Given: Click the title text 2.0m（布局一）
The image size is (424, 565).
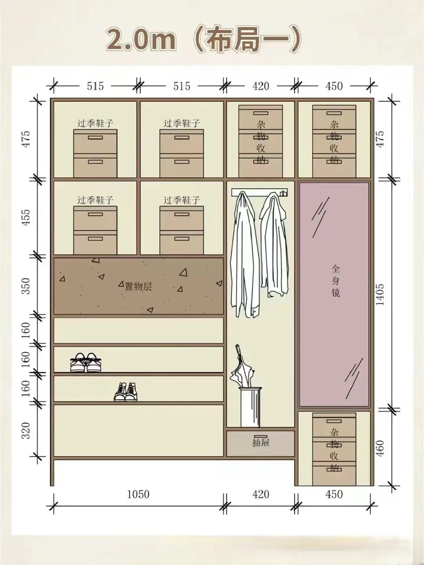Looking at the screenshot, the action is point(204,40).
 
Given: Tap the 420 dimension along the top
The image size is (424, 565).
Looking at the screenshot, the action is point(261,86).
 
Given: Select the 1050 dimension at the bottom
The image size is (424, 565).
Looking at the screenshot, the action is point(138,494).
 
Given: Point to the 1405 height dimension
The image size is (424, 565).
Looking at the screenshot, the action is point(380,295).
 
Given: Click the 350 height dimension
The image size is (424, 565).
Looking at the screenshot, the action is point(26,286).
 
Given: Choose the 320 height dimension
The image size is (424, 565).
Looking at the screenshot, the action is point(26,430).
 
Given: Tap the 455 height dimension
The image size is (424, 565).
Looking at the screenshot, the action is point(26,218).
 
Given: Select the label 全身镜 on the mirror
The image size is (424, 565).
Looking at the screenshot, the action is point(336,281).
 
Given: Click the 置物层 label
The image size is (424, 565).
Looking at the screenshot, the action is point(138,286).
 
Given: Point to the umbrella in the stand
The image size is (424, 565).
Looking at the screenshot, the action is point(242,366).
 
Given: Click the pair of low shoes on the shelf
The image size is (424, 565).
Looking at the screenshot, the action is point(86,363).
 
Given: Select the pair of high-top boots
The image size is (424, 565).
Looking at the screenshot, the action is point(126,392).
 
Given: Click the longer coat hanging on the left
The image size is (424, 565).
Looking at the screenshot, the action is point(245,255).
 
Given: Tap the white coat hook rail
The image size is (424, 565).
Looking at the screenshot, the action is point(260,192).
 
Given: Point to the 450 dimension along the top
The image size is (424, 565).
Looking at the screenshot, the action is point(334,86).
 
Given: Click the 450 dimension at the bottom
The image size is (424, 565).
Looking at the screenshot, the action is point(334,494).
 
